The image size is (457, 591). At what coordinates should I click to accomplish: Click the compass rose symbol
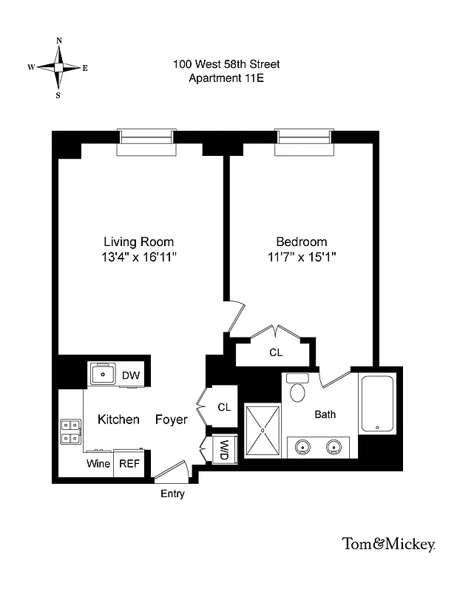click(58, 67)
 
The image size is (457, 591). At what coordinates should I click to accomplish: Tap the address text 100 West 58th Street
click(226, 65)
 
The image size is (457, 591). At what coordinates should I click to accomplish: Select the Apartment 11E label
click(226, 78)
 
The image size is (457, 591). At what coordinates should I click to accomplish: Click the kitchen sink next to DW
click(103, 375)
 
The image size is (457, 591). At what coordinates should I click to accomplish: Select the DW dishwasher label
click(131, 375)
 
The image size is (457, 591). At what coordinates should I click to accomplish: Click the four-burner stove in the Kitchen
click(70, 431)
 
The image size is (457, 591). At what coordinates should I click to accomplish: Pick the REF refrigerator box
click(129, 464)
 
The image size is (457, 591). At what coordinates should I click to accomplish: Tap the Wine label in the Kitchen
click(98, 464)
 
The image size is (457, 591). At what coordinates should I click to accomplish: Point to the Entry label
click(172, 493)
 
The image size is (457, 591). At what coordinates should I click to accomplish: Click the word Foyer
click(171, 420)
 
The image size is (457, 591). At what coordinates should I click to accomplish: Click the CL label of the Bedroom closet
click(275, 352)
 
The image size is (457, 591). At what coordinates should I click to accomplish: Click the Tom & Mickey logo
click(387, 544)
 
